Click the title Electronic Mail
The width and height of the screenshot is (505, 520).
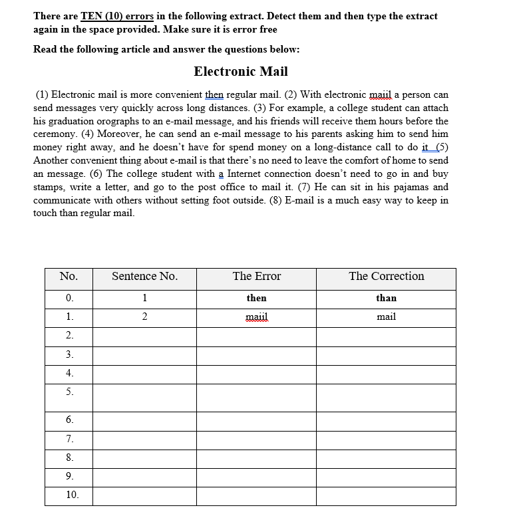tap(241, 71)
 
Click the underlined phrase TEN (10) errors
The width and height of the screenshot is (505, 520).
tap(118, 16)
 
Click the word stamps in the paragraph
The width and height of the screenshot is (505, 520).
tap(47, 187)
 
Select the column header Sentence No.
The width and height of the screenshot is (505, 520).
tap(144, 277)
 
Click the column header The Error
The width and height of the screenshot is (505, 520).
tap(256, 277)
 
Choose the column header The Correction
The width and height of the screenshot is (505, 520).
tap(386, 277)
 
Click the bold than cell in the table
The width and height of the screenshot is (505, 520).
tap(386, 298)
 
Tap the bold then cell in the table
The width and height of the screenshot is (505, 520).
tap(256, 298)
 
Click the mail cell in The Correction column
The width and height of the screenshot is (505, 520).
tap(386, 317)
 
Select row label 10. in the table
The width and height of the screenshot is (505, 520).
tap(72, 495)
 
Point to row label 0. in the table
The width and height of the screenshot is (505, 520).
tap(69, 298)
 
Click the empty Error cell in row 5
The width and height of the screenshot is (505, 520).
tap(256, 398)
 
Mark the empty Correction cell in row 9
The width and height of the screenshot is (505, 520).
tap(386, 477)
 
